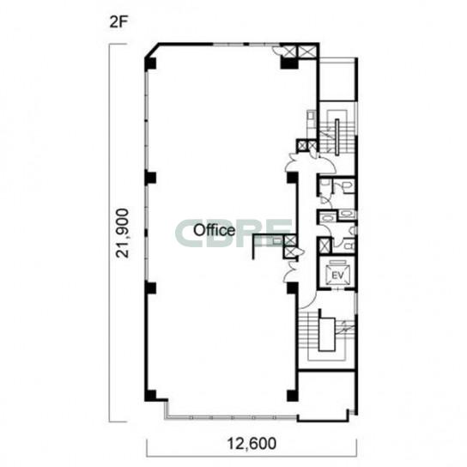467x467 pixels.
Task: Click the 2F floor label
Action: click(x=118, y=22)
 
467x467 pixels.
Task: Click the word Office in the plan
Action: click(x=214, y=230)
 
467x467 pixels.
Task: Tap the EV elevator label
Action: click(x=337, y=276)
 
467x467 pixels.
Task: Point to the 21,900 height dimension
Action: click(x=123, y=233)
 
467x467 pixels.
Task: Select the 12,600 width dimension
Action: click(x=252, y=444)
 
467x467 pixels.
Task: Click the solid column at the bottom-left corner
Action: click(x=150, y=395)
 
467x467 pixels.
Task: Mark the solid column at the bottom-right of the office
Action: click(x=292, y=395)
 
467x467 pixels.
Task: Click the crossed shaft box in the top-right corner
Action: click(x=307, y=51)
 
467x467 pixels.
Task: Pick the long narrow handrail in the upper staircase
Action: click(x=337, y=137)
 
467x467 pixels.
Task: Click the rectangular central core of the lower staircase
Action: click(x=327, y=334)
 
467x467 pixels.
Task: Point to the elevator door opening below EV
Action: click(x=337, y=289)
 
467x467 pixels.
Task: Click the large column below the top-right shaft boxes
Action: click(x=288, y=63)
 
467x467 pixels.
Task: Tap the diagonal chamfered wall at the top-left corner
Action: click(x=152, y=51)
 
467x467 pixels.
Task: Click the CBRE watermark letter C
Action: click(x=186, y=233)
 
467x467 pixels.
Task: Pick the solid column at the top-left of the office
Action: click(x=150, y=64)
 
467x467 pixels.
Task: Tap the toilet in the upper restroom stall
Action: click(x=349, y=187)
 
